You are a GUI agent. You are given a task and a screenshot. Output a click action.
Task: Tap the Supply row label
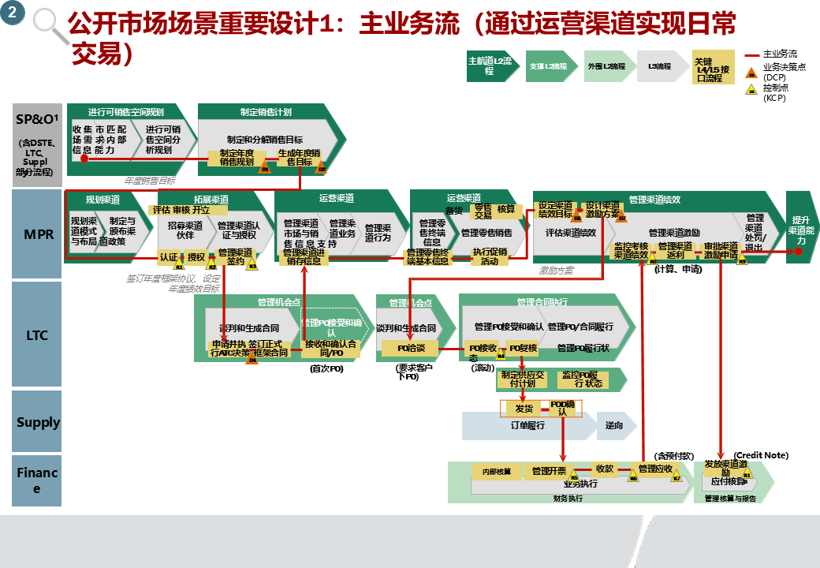[x=38, y=422]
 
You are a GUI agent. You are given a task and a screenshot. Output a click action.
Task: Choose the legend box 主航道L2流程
[x=490, y=66]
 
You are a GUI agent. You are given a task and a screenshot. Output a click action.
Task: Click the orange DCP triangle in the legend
[x=751, y=73]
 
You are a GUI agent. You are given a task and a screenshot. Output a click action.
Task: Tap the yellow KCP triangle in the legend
[x=751, y=92]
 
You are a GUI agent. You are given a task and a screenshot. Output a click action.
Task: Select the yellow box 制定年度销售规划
[x=237, y=157]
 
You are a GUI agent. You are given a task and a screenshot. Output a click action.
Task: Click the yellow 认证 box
[x=169, y=256]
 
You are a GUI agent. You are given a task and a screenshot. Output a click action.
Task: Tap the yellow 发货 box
[x=524, y=409]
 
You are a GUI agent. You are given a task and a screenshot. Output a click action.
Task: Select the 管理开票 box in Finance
[x=549, y=471]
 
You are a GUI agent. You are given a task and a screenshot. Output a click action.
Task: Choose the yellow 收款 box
[x=605, y=469]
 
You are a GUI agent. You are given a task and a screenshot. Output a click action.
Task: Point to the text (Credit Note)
[x=761, y=455]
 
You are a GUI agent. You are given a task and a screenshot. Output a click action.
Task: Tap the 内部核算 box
[x=497, y=472]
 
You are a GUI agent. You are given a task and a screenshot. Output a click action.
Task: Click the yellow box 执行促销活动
[x=489, y=257]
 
